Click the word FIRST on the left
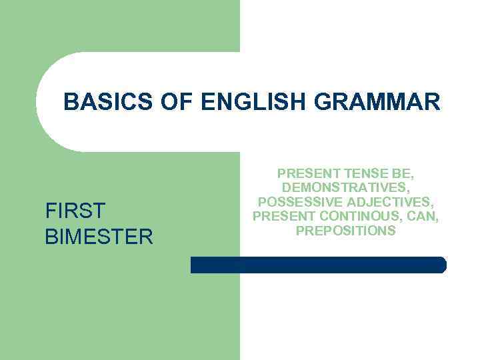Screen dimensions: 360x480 75,212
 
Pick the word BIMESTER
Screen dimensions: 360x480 99,237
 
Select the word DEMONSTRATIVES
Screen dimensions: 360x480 345,188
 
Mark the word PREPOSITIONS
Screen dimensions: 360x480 345,231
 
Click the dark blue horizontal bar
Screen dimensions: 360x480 318,265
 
